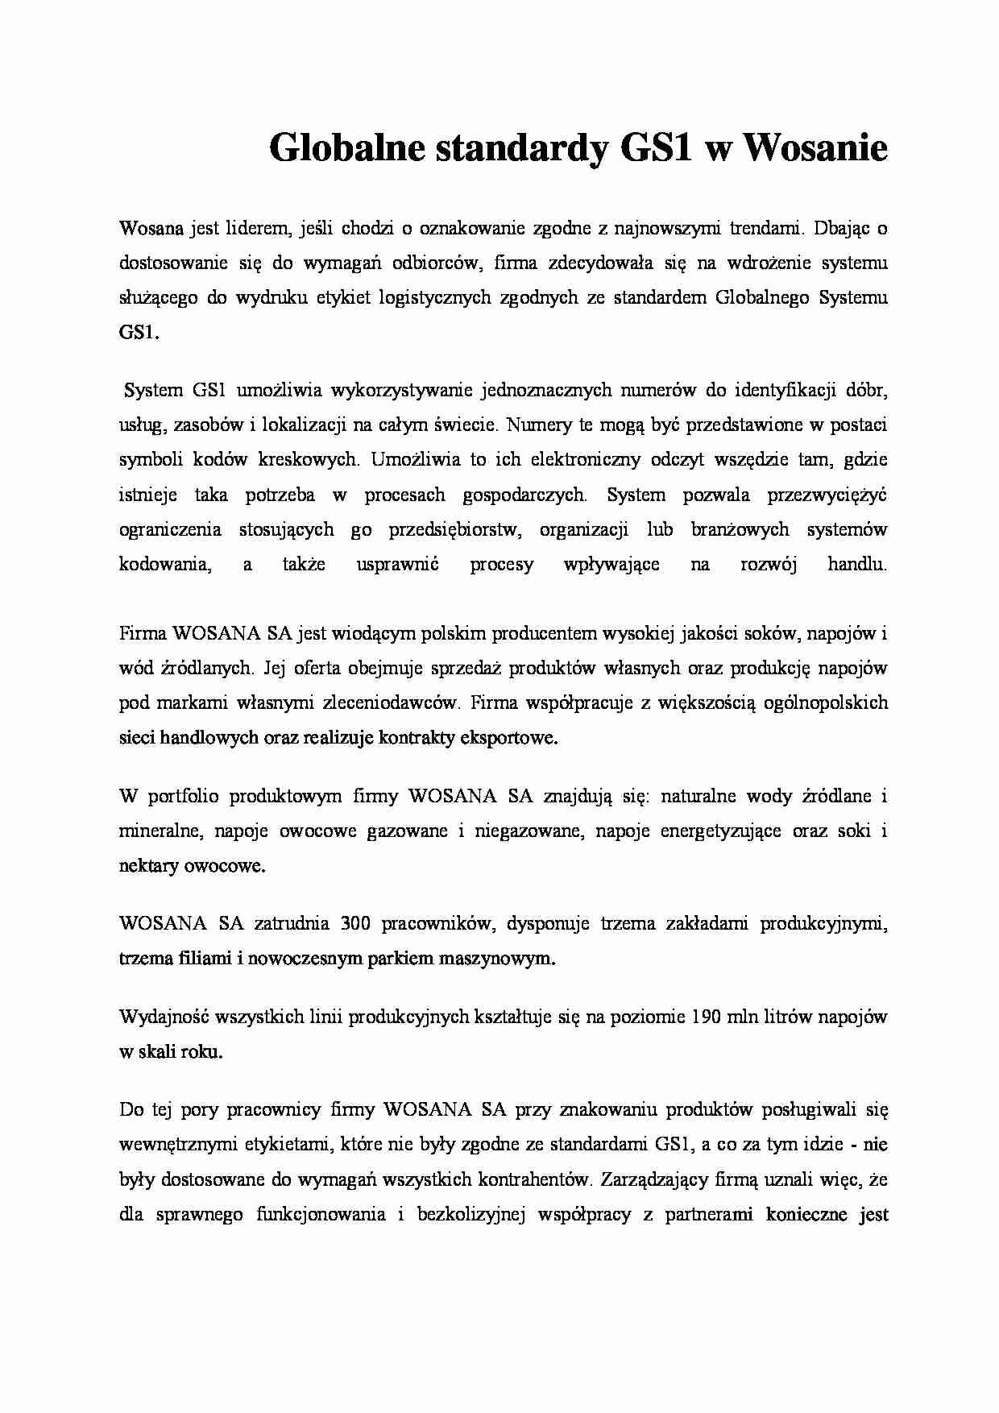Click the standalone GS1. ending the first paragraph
(x=139, y=332)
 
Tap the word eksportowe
(x=508, y=737)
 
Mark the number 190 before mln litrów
(x=706, y=1017)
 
